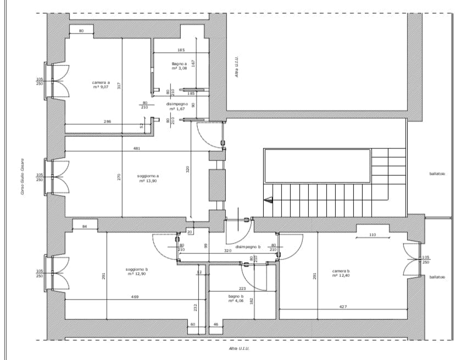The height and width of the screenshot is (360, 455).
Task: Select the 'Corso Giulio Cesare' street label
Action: click(23, 175)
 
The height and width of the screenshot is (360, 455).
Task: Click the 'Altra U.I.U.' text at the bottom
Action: click(240, 348)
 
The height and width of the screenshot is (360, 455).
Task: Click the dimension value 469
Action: click(135, 297)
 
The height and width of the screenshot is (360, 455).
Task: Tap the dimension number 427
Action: click(343, 307)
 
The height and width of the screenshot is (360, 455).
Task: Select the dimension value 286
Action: click(108, 121)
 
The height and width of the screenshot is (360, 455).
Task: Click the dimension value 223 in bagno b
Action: click(242, 288)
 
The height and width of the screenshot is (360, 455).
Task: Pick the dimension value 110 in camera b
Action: click(373, 235)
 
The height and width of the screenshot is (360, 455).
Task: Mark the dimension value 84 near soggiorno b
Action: click(85, 226)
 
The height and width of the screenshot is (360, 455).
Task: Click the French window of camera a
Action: click(59, 81)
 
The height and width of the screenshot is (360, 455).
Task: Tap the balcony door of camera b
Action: click(411, 260)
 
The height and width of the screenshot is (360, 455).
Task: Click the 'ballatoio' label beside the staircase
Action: click(437, 174)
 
